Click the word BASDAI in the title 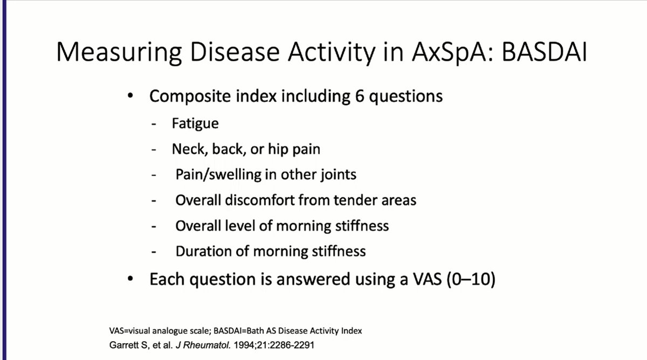pos(544,52)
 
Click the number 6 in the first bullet pos(360,96)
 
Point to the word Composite pos(190,97)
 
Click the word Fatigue pos(195,124)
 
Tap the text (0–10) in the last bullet pos(471,279)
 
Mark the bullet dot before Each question pos(130,279)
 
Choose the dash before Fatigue pos(154,124)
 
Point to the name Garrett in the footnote pos(124,345)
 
